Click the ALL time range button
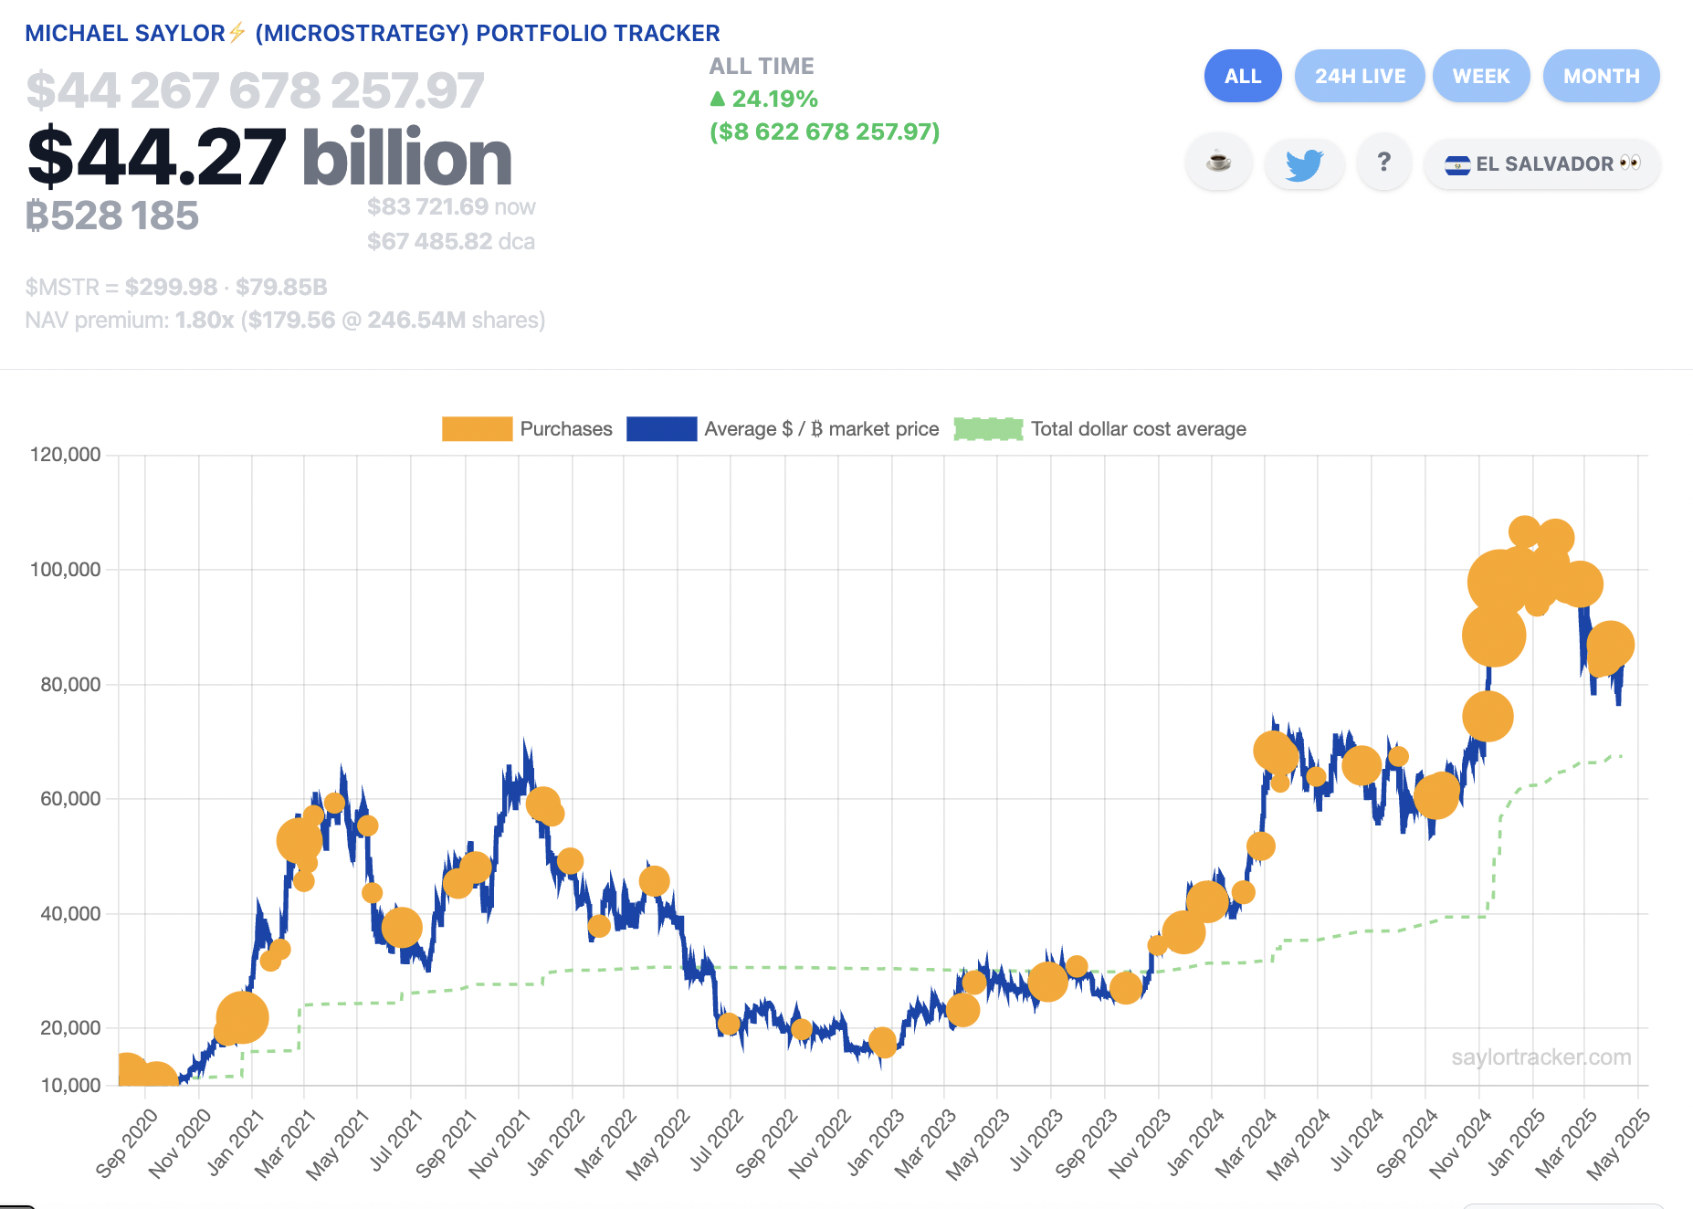point(1242,76)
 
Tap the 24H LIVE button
point(1360,76)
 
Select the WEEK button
point(1480,76)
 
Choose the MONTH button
point(1601,76)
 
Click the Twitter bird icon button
point(1304,164)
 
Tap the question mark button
point(1384,163)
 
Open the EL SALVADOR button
point(1541,164)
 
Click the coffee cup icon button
point(1218,163)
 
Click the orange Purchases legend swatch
point(477,429)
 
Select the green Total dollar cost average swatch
point(988,429)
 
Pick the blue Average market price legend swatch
point(661,429)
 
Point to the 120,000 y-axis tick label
point(66,455)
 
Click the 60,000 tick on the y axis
point(70,799)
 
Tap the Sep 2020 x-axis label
point(128,1142)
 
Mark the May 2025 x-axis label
point(1618,1142)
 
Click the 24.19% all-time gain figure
point(773,99)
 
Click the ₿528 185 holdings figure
point(112,216)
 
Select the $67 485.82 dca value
point(429,242)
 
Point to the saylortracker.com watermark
point(1541,1057)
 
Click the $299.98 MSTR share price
point(171,288)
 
